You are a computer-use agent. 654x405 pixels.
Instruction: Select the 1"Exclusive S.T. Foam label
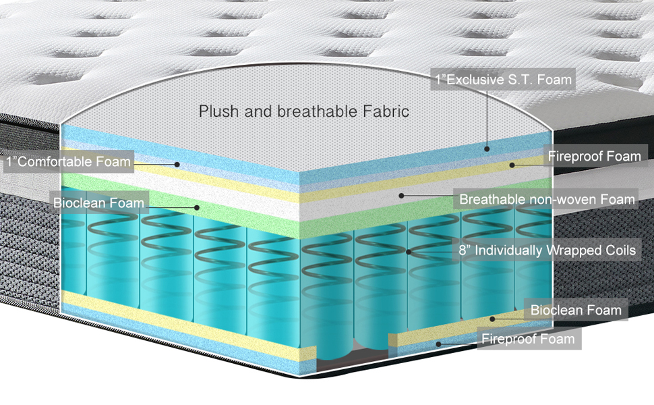[x=503, y=80]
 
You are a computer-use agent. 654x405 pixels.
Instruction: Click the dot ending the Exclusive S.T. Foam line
[x=487, y=146]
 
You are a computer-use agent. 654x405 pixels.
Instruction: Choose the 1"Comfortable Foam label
[x=68, y=162]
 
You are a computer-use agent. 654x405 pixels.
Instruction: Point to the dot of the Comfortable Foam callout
[x=177, y=163]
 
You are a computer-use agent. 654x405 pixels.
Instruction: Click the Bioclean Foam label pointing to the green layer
[x=98, y=202]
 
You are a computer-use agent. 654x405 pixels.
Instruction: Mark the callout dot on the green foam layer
[x=197, y=207]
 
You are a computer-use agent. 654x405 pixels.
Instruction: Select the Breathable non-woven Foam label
[x=547, y=199]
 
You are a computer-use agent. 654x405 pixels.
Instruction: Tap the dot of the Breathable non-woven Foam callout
[x=401, y=195]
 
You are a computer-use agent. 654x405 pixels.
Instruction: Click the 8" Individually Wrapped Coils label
[x=547, y=250]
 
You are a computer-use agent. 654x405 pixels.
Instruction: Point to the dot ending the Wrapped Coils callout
[x=409, y=252]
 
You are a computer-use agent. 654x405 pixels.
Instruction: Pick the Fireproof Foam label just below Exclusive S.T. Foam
[x=594, y=157]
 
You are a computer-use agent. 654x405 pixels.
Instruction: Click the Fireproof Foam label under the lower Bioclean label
[x=528, y=339]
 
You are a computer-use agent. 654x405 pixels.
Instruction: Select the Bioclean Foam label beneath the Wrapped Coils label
[x=575, y=310]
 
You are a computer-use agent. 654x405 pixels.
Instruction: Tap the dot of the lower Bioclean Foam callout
[x=493, y=319]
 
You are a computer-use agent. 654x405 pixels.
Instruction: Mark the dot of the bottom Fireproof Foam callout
[x=439, y=343]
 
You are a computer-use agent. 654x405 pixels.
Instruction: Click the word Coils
[x=619, y=250]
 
